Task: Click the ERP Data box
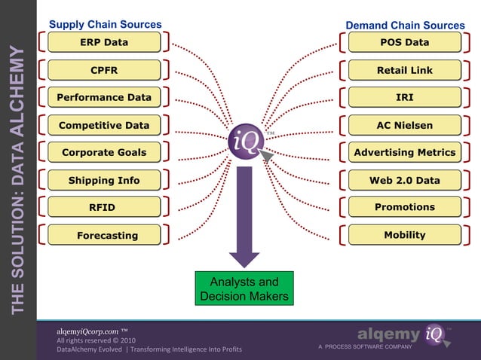tap(104, 43)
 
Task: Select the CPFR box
tap(104, 70)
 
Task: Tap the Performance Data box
tap(104, 97)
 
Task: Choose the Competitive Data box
tap(104, 125)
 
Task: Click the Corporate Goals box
tap(104, 152)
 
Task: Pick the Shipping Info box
tap(104, 180)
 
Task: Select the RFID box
tap(104, 207)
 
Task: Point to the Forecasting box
tap(104, 235)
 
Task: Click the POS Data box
tap(405, 43)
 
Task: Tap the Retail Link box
tap(405, 70)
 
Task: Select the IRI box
tap(405, 97)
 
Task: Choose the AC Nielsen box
tap(405, 125)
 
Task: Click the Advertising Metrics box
tap(405, 152)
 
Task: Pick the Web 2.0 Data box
tap(405, 180)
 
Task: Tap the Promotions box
tap(405, 207)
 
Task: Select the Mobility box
tap(405, 235)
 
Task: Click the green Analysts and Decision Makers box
tap(244, 289)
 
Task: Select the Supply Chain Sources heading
tap(105, 25)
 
